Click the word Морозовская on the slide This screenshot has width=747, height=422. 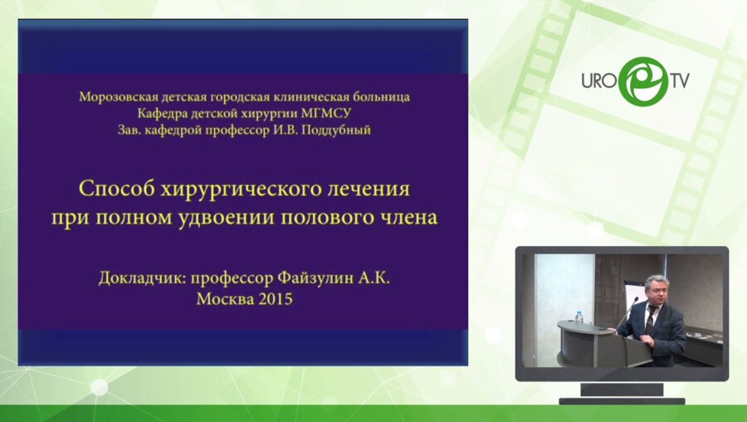click(x=119, y=97)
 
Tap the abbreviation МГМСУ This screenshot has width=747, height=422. click(x=327, y=113)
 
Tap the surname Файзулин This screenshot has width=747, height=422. click(x=315, y=278)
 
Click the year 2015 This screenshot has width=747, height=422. click(x=276, y=299)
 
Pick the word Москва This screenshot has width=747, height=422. click(x=225, y=299)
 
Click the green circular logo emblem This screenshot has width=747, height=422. click(x=643, y=81)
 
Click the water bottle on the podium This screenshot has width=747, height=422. click(x=579, y=316)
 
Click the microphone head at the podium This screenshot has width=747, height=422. click(x=636, y=300)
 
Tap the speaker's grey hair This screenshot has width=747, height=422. click(x=656, y=282)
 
